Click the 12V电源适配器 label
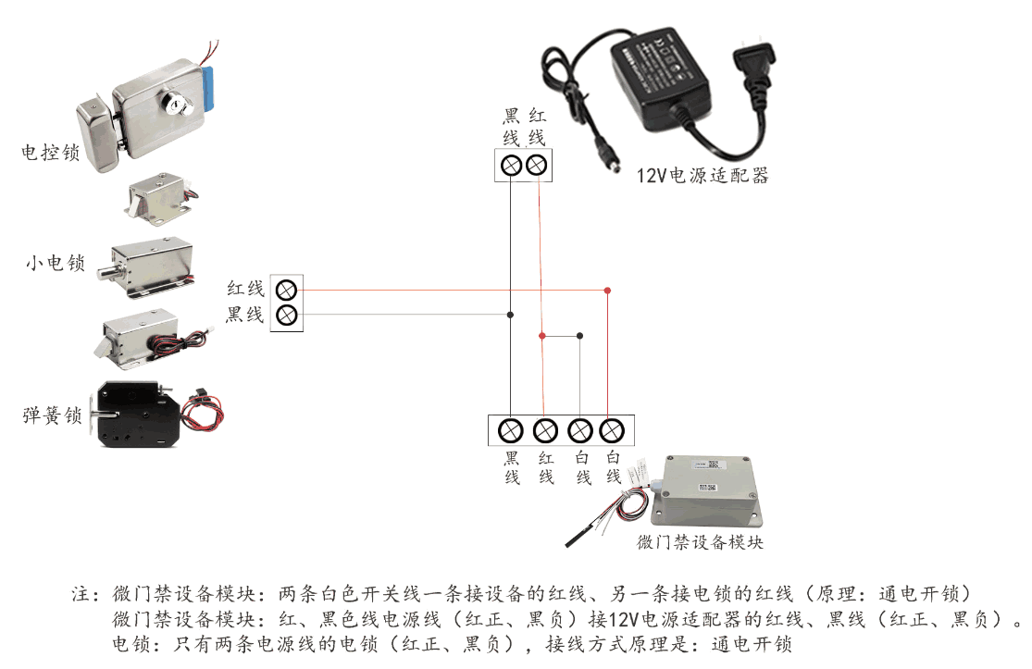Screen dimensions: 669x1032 point(702,175)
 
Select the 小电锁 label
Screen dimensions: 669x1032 point(56,264)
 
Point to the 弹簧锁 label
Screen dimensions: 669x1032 point(53,415)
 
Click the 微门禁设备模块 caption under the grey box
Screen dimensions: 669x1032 point(700,543)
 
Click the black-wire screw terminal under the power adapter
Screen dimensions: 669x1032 point(510,166)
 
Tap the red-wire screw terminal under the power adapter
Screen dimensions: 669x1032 point(536,166)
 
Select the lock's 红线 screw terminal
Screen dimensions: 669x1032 point(287,288)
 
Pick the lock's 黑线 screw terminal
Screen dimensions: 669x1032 point(287,315)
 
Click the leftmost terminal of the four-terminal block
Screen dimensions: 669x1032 point(511,430)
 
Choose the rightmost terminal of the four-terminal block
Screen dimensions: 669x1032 point(611,430)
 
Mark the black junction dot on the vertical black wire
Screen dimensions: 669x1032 point(510,315)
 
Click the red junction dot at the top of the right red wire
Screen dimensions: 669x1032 point(607,291)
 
